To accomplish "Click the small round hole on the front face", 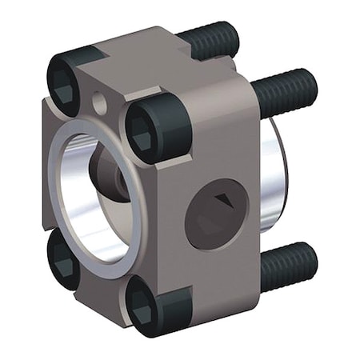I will tap(98, 102).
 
